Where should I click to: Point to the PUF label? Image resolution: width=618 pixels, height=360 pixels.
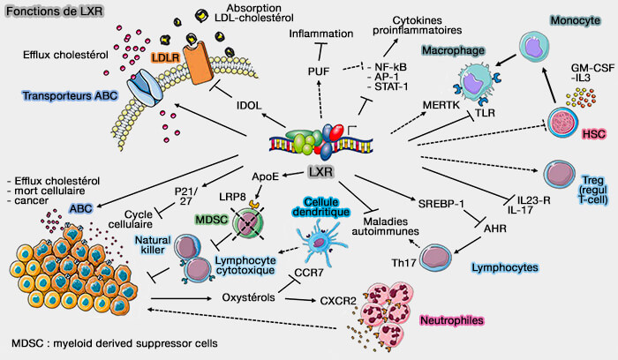pos(320,71)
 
